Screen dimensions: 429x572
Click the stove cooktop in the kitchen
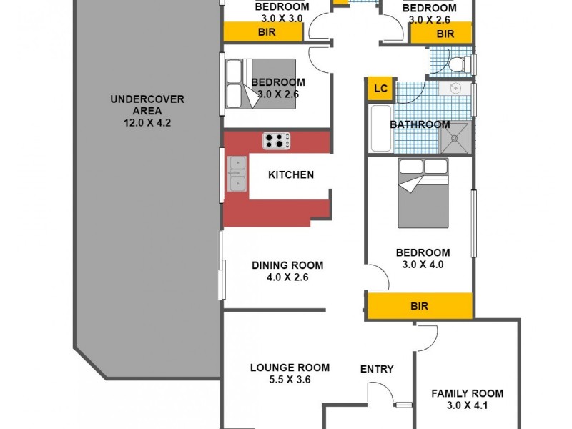coord(276,141)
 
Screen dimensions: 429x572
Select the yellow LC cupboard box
coord(380,89)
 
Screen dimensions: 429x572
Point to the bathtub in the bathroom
coord(379,129)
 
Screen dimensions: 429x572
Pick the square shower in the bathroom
coord(456,136)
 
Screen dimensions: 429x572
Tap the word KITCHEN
coord(290,174)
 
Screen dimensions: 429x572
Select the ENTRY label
coord(376,369)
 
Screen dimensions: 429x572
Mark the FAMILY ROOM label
coord(467,393)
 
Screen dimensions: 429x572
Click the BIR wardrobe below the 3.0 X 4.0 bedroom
coord(420,306)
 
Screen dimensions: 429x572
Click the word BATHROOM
coord(420,124)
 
